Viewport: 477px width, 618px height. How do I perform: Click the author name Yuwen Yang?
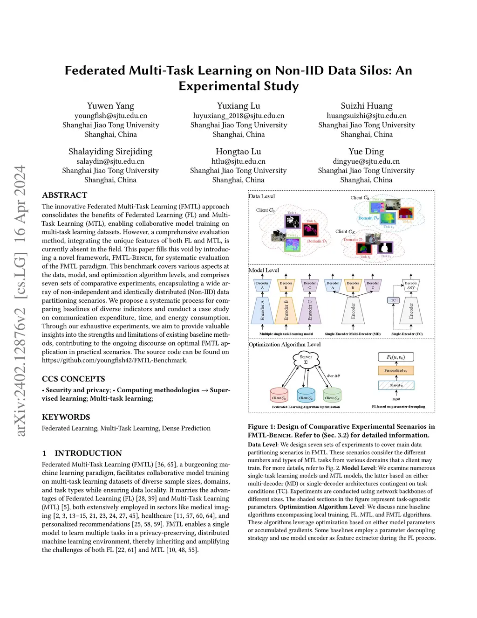pyautogui.click(x=110, y=106)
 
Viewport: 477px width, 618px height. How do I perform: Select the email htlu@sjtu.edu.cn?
pyautogui.click(x=238, y=161)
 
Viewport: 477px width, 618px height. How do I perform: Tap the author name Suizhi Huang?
pyautogui.click(x=366, y=106)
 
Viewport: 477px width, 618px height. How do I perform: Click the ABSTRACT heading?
pyautogui.click(x=64, y=195)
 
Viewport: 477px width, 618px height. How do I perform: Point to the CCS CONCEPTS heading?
pyautogui.click(x=73, y=379)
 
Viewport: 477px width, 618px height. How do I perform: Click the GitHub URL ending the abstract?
pyautogui.click(x=115, y=360)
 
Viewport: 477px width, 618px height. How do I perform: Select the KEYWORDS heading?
pyautogui.click(x=66, y=417)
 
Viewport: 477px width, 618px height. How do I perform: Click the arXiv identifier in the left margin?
pyautogui.click(x=20, y=301)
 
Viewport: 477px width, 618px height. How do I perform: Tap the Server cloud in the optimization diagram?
pyautogui.click(x=306, y=360)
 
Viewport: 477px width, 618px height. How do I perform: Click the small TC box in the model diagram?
pyautogui.click(x=393, y=300)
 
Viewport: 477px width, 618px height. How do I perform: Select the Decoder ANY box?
pyautogui.click(x=410, y=285)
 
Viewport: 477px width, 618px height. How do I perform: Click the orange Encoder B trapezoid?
pyautogui.click(x=286, y=311)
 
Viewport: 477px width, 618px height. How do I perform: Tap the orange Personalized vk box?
pyautogui.click(x=395, y=370)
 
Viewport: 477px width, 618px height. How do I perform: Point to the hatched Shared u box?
pyautogui.click(x=396, y=385)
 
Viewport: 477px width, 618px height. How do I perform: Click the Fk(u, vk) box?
pyautogui.click(x=395, y=357)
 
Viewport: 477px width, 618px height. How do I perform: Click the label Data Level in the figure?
pyautogui.click(x=262, y=196)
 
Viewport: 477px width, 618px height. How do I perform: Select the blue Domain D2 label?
pyautogui.click(x=368, y=218)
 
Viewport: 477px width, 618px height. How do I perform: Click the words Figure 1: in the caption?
pyautogui.click(x=258, y=426)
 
